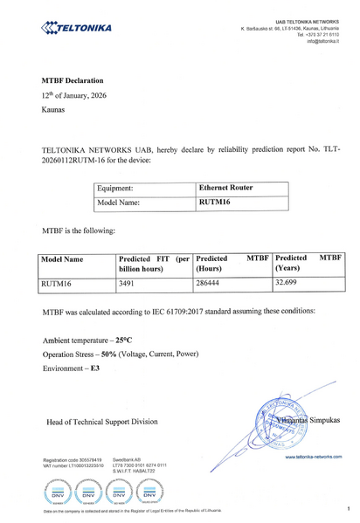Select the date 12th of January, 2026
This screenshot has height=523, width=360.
[74, 95]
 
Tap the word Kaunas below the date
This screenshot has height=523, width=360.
[53, 112]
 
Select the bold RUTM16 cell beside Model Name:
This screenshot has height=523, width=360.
[215, 203]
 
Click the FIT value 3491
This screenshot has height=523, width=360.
[129, 284]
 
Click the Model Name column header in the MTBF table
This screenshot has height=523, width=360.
[63, 260]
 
